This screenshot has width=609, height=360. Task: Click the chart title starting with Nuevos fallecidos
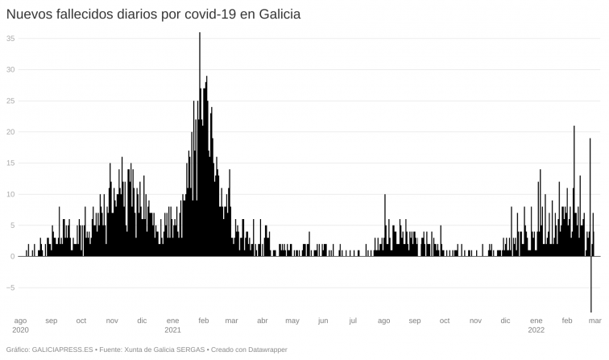pyautogui.click(x=153, y=14)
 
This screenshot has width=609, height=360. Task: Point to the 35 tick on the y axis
pyautogui.click(x=10, y=38)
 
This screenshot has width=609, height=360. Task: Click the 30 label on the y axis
pyautogui.click(x=10, y=69)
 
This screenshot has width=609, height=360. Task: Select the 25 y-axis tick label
pyautogui.click(x=10, y=101)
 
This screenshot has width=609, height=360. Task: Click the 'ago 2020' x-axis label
pyautogui.click(x=21, y=325)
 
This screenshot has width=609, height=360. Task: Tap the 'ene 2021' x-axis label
pyautogui.click(x=172, y=325)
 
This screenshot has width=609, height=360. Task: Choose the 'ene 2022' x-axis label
pyautogui.click(x=536, y=325)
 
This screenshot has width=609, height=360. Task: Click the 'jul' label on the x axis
pyautogui.click(x=353, y=321)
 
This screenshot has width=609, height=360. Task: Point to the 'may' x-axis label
pyautogui.click(x=292, y=321)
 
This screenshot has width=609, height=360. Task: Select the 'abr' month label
pyautogui.click(x=262, y=321)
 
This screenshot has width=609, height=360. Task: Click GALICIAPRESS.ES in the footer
pyautogui.click(x=63, y=350)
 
